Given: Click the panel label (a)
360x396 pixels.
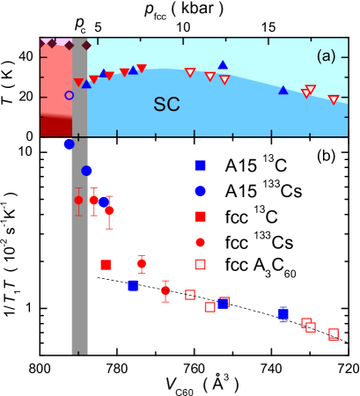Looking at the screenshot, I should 327,56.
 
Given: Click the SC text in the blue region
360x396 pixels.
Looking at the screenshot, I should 166,105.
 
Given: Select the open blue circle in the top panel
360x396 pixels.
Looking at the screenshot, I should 70,95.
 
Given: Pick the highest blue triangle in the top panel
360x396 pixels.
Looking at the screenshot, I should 223,64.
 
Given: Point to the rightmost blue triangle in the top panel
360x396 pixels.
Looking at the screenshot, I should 283,90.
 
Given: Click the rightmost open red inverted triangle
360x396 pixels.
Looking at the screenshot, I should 334,99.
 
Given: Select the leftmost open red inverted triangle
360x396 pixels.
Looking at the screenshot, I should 190,72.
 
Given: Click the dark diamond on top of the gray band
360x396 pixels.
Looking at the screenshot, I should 86,45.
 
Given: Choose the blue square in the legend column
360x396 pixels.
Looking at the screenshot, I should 200,165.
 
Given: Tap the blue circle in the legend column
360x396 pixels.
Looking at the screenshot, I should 200,191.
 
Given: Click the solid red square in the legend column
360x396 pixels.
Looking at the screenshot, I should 200,216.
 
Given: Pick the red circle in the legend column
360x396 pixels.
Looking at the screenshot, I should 200,242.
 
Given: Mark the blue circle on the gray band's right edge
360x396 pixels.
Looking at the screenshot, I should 86,171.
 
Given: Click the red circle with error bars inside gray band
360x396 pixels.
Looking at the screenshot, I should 78,200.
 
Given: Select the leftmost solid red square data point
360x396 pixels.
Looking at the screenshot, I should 106,265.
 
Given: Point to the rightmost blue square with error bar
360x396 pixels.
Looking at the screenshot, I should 283,313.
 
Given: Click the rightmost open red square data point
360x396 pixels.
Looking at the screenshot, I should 334,334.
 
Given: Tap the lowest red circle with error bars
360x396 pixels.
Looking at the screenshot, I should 165,290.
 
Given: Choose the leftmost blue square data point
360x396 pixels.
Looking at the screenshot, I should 133,285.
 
